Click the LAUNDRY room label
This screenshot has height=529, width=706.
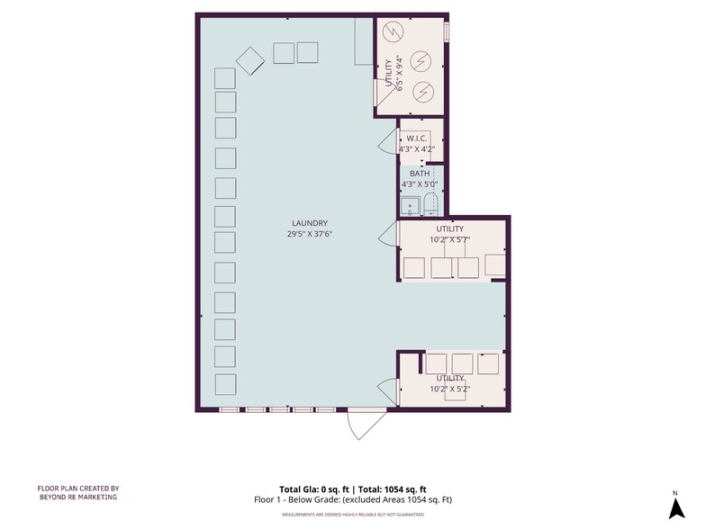click(309, 223)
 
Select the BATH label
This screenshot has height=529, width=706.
click(419, 174)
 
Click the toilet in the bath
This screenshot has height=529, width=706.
click(430, 204)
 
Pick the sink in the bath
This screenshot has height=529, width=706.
click(411, 206)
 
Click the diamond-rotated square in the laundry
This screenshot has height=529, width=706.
click(249, 60)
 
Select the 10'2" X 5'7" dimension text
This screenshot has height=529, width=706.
click(449, 240)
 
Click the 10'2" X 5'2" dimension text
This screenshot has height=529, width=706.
click(449, 390)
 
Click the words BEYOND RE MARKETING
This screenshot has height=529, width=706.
click(77, 498)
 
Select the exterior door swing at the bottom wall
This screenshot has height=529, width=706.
click(365, 425)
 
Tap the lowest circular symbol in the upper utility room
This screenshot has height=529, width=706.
click(422, 91)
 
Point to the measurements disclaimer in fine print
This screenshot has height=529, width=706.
click(352, 514)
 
